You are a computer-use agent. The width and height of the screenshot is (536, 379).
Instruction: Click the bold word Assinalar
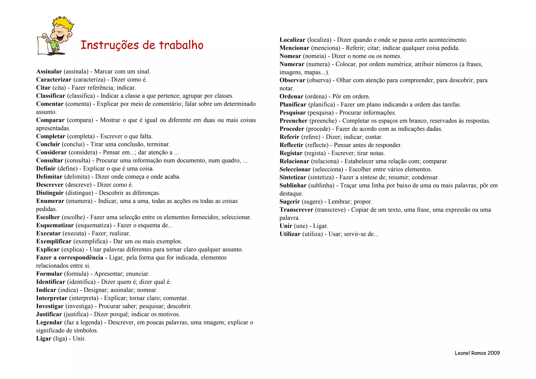(x=49, y=72)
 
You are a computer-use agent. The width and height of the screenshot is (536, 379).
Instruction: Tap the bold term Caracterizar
(x=54, y=80)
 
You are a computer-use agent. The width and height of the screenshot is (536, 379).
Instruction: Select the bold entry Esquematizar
(x=55, y=225)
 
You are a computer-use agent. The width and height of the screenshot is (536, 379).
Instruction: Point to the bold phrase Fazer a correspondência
(x=70, y=258)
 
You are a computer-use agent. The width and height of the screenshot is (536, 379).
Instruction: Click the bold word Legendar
(x=49, y=322)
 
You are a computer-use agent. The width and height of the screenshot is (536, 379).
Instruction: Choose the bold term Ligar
(x=44, y=339)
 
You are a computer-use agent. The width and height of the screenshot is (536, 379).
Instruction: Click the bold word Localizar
(x=292, y=40)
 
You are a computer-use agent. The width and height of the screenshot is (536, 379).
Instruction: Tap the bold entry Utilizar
(x=290, y=234)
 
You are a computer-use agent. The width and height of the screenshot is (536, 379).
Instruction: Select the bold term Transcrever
(x=296, y=210)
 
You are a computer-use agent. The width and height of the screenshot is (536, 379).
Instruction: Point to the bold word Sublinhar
(x=293, y=185)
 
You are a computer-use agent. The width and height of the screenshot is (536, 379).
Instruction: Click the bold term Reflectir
(x=291, y=145)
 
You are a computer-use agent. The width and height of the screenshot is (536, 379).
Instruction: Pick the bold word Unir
(x=286, y=226)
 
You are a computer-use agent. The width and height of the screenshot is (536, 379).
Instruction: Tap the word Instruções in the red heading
(x=110, y=45)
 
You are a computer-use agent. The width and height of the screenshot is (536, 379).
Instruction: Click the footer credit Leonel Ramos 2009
(x=477, y=353)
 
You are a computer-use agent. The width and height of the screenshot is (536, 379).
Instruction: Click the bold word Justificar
(x=49, y=314)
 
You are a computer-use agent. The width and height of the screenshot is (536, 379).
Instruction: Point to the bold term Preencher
(x=293, y=121)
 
